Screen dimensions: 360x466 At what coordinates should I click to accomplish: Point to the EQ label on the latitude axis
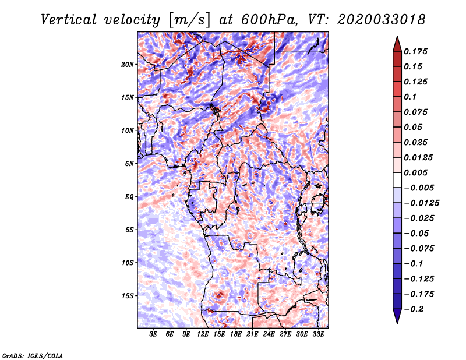coord(129,197)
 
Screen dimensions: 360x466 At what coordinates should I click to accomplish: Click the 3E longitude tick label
coord(154,335)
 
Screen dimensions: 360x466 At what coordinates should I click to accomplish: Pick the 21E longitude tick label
coord(252,335)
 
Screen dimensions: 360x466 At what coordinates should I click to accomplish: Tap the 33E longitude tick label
coord(318,335)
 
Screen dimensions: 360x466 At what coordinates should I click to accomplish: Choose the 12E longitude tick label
coord(203,335)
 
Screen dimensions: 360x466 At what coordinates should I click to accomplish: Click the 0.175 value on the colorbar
coord(416,51)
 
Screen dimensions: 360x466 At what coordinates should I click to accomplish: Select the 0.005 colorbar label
coord(416,172)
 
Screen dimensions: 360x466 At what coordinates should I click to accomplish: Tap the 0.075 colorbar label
coord(416,112)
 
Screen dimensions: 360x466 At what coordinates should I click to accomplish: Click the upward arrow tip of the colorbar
coord(396,37)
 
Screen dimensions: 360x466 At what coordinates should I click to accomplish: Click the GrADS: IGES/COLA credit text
coord(32,355)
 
